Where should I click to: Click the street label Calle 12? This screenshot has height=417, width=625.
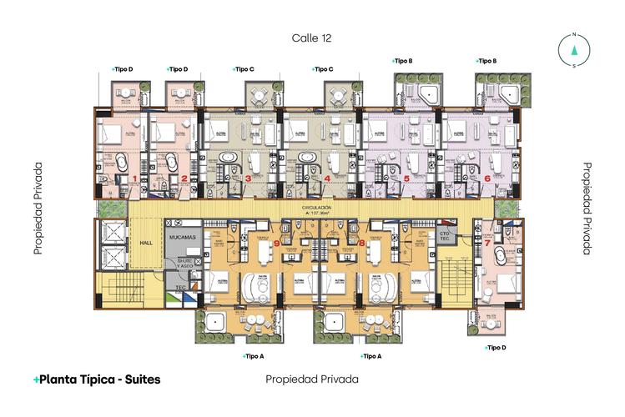[x=312, y=38]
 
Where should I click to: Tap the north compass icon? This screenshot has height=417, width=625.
[x=574, y=50]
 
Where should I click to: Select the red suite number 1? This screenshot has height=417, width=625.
[x=134, y=178]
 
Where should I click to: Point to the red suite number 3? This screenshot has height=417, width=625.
[x=248, y=178]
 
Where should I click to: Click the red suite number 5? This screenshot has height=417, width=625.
[x=406, y=178]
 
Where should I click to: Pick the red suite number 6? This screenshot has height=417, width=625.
[x=487, y=178]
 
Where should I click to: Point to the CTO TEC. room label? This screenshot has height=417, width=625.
[x=445, y=237]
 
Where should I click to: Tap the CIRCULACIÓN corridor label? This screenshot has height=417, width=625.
[x=312, y=207]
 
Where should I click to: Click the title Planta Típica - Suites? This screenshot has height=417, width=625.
[x=97, y=379]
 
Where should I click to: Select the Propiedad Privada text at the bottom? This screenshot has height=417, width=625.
[x=312, y=379]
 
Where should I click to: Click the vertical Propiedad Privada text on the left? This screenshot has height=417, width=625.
[x=38, y=208]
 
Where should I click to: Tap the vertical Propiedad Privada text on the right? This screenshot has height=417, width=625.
[x=587, y=208]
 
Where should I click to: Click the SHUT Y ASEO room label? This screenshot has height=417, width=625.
[x=182, y=264]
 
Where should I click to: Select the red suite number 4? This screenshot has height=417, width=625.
[x=327, y=178]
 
